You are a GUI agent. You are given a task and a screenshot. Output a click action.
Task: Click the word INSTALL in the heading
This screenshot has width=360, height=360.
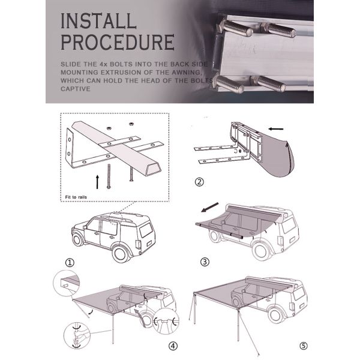98,21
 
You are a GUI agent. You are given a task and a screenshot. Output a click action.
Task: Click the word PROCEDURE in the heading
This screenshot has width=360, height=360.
118,42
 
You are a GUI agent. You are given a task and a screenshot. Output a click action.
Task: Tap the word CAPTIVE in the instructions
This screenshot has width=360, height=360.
76,89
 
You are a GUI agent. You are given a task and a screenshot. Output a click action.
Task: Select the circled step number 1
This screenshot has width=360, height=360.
70,262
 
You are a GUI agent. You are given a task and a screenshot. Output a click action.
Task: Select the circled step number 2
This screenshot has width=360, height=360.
199,182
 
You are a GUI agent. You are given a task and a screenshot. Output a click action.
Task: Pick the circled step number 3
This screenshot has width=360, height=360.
205,262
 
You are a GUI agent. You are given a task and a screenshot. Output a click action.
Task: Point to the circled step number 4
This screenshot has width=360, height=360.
173,346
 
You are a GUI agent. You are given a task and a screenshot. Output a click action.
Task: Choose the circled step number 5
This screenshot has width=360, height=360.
304,346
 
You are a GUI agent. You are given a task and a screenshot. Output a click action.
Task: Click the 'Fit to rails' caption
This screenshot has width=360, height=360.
76,197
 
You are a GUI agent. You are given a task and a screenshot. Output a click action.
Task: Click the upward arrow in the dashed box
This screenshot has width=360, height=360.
97,182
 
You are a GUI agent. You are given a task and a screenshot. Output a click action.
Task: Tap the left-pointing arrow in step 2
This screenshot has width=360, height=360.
276,129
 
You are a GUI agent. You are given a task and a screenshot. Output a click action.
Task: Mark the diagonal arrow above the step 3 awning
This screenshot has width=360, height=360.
210,208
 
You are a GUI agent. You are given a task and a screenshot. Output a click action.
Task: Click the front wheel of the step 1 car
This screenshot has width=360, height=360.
77,239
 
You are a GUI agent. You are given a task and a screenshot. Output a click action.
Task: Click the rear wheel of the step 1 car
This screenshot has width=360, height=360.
121,254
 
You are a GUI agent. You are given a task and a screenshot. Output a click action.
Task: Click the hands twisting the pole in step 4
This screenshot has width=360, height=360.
77,335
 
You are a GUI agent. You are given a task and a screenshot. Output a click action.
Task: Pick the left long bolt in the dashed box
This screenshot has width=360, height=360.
109,176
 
